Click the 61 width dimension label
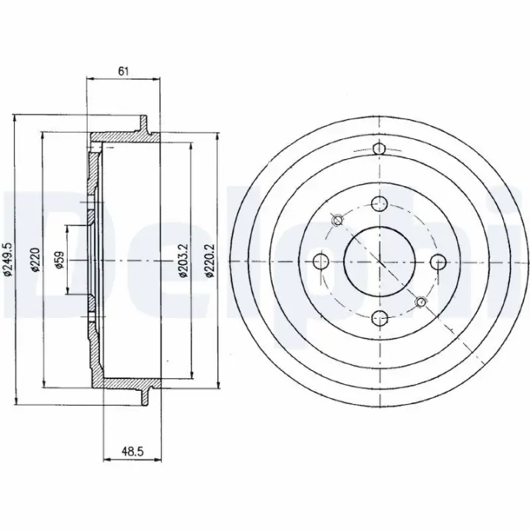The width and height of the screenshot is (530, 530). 123,71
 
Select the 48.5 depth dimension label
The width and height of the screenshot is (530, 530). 132,451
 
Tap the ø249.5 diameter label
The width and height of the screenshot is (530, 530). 8,261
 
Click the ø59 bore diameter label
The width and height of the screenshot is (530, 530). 60,260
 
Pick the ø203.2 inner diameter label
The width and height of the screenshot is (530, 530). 183,261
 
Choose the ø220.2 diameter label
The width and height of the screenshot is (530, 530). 210,261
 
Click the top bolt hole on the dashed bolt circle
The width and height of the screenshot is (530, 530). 379,203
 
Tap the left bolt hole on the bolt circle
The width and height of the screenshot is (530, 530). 321,261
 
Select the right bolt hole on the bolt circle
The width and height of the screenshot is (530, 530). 439,261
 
